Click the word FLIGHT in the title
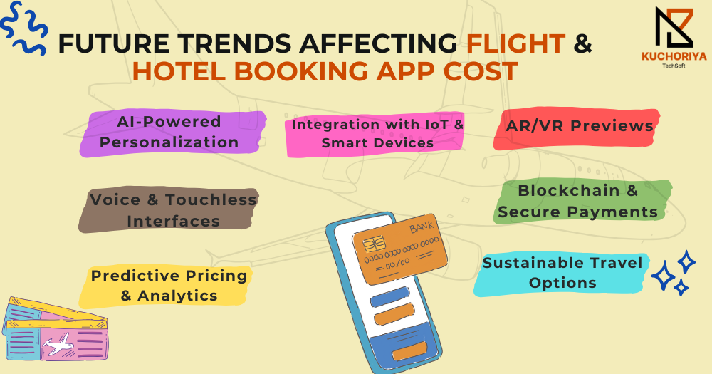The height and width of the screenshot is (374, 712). pos(515,43)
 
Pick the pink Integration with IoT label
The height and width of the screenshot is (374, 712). pos(375,134)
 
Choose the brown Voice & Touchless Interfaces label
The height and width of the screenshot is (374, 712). pos(169,210)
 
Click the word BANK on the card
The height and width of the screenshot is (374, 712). pos(422,226)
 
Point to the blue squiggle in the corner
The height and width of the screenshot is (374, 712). pos(23,28)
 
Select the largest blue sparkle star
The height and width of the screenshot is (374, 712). pos(664,276)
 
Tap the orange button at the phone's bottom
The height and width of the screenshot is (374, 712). pos(410,350)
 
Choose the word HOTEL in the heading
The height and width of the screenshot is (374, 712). pos(179,72)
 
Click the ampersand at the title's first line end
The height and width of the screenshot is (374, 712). pos(582,43)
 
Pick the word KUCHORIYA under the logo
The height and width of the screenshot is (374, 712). pos(674,56)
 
